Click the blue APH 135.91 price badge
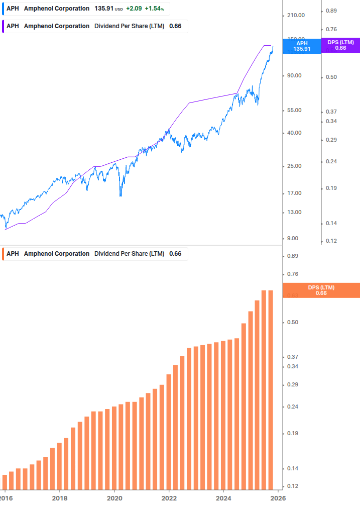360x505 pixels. click(x=302, y=46)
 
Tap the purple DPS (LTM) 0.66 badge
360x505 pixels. click(x=340, y=45)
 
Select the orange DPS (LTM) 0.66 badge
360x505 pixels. click(x=321, y=290)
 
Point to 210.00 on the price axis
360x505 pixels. click(x=295, y=16)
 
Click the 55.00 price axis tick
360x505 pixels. click(x=294, y=111)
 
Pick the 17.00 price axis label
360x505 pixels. click(x=294, y=193)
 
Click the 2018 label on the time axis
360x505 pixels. click(x=59, y=497)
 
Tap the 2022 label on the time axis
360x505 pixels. click(x=169, y=497)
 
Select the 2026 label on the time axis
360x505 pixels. click(x=278, y=497)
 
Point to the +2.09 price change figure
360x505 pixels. click(x=133, y=9)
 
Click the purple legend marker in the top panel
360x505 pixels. click(x=4, y=26)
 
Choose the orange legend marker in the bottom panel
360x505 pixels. click(x=4, y=254)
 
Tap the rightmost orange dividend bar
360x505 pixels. click(x=271, y=389)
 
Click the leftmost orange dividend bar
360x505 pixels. click(x=5, y=481)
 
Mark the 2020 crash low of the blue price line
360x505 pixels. click(x=121, y=195)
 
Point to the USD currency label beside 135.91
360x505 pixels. click(x=118, y=9)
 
